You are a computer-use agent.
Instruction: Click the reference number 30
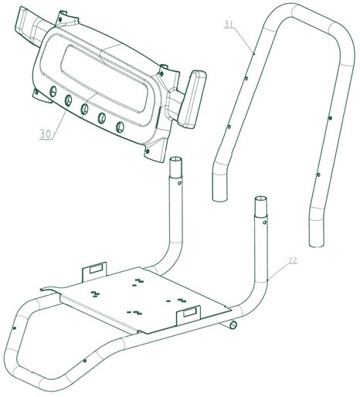point(46,134)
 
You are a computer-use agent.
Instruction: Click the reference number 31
point(229,24)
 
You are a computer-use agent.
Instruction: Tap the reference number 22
point(293,260)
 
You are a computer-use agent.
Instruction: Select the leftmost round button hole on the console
point(53,91)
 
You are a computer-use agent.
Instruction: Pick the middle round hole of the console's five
point(84,109)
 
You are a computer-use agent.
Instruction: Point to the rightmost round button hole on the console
point(120,127)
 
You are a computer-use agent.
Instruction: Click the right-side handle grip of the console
point(192,99)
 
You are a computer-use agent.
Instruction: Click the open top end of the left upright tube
point(175,159)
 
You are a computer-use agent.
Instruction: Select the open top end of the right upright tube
point(261,199)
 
